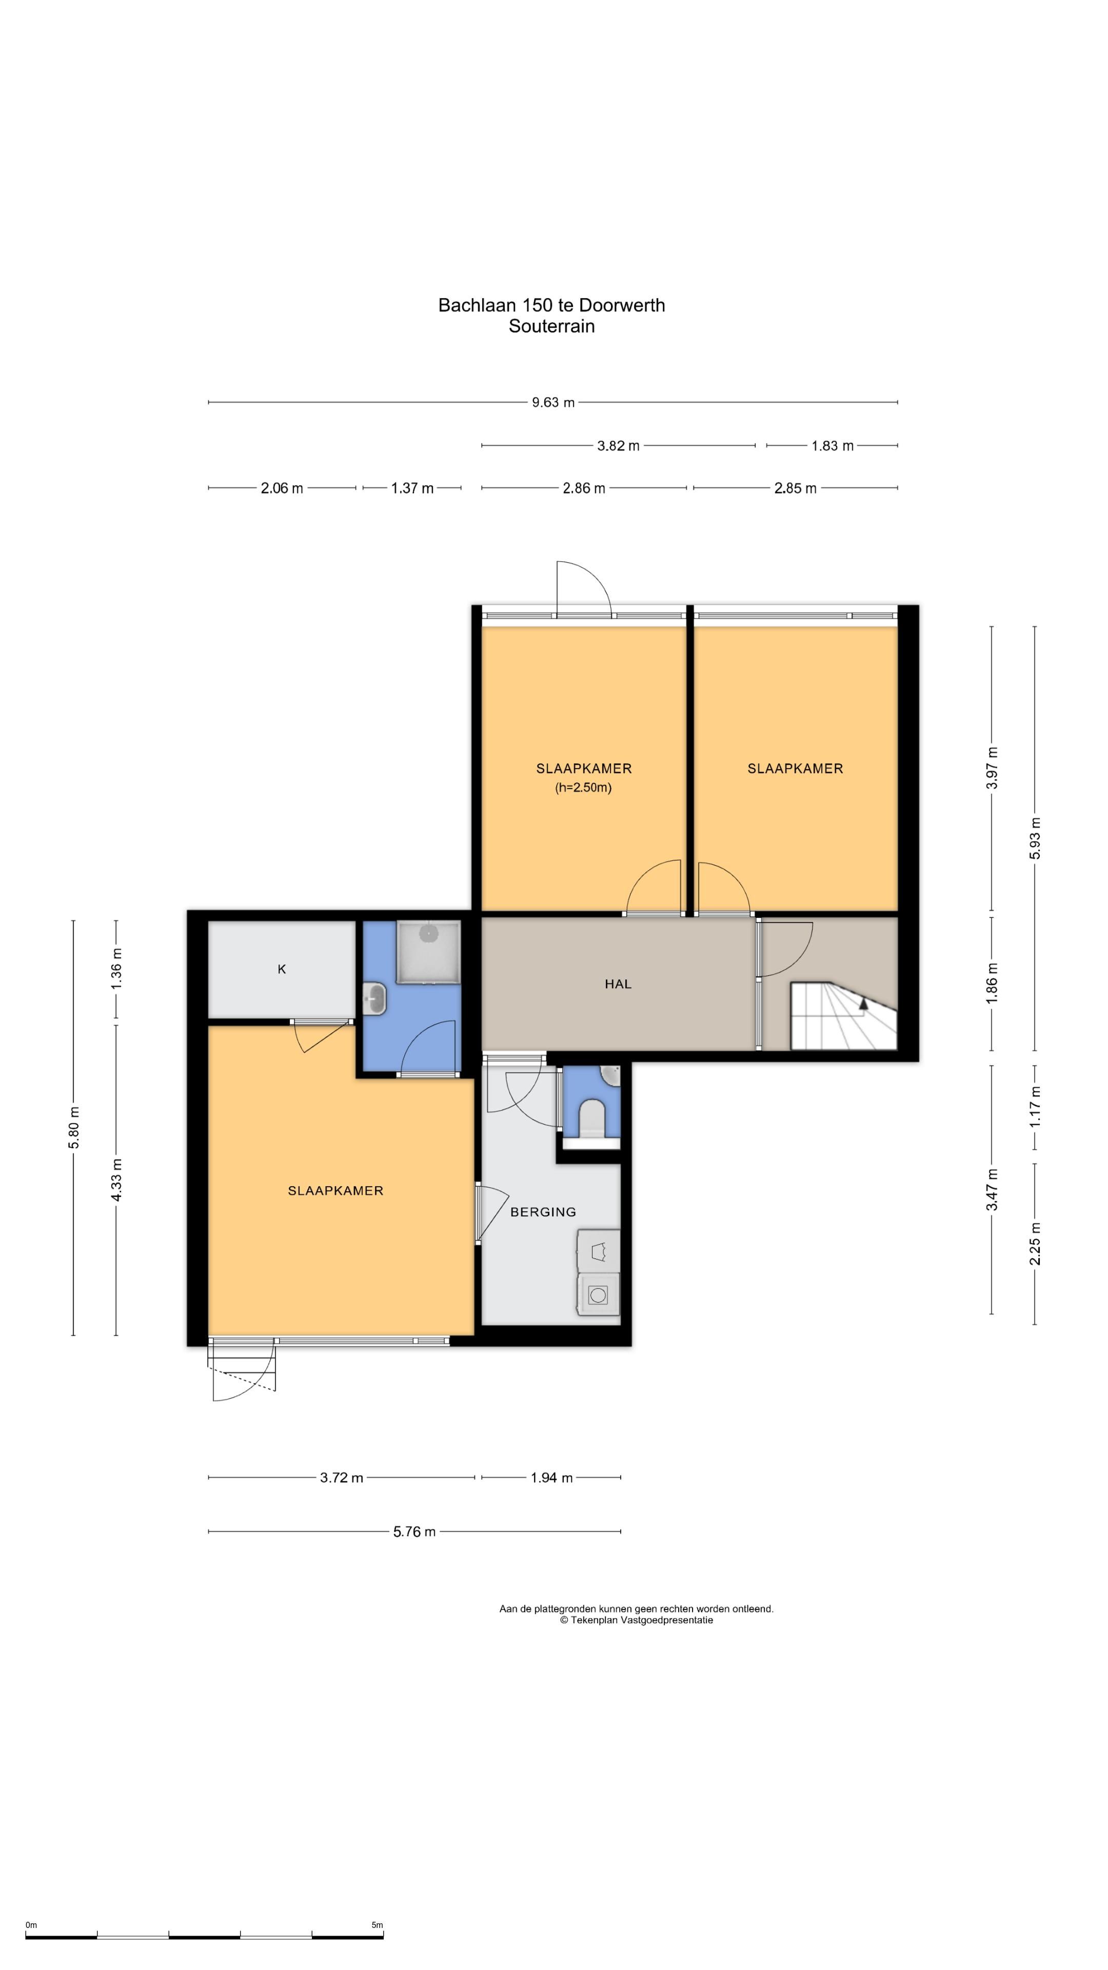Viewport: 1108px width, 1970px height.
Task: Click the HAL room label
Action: pyautogui.click(x=618, y=984)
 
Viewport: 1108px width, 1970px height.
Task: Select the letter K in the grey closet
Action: pyautogui.click(x=282, y=969)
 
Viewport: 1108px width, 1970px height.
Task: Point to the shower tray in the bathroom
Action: pyautogui.click(x=429, y=951)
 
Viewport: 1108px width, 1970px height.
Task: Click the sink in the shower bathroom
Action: pyautogui.click(x=376, y=997)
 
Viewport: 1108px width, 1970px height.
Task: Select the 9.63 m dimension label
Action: pyautogui.click(x=553, y=402)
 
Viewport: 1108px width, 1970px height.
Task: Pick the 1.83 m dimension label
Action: pyautogui.click(x=833, y=446)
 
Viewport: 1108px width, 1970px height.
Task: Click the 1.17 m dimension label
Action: pyautogui.click(x=1035, y=1107)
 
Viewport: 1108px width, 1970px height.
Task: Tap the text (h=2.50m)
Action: pyautogui.click(x=583, y=787)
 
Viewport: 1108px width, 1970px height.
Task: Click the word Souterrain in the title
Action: pyautogui.click(x=551, y=327)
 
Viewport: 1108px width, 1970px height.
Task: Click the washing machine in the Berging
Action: pyautogui.click(x=598, y=1294)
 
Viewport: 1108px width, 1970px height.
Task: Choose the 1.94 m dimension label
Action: pyautogui.click(x=551, y=1477)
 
